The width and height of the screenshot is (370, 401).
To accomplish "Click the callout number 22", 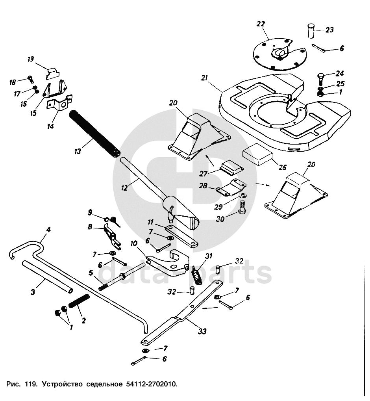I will (x=261, y=24).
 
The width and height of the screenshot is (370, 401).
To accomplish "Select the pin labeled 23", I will (x=310, y=30).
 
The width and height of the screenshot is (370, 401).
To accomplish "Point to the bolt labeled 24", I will (x=320, y=80).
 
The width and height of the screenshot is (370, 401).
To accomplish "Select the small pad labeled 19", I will (x=53, y=73).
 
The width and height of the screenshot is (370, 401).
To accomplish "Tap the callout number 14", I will (x=50, y=127).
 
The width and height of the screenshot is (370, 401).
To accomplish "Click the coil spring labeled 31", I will (x=197, y=274).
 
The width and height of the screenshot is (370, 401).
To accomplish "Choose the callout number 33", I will (x=202, y=331).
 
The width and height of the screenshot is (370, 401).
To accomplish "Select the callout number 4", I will (x=48, y=229).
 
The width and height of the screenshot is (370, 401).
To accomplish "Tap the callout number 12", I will (x=124, y=188).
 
